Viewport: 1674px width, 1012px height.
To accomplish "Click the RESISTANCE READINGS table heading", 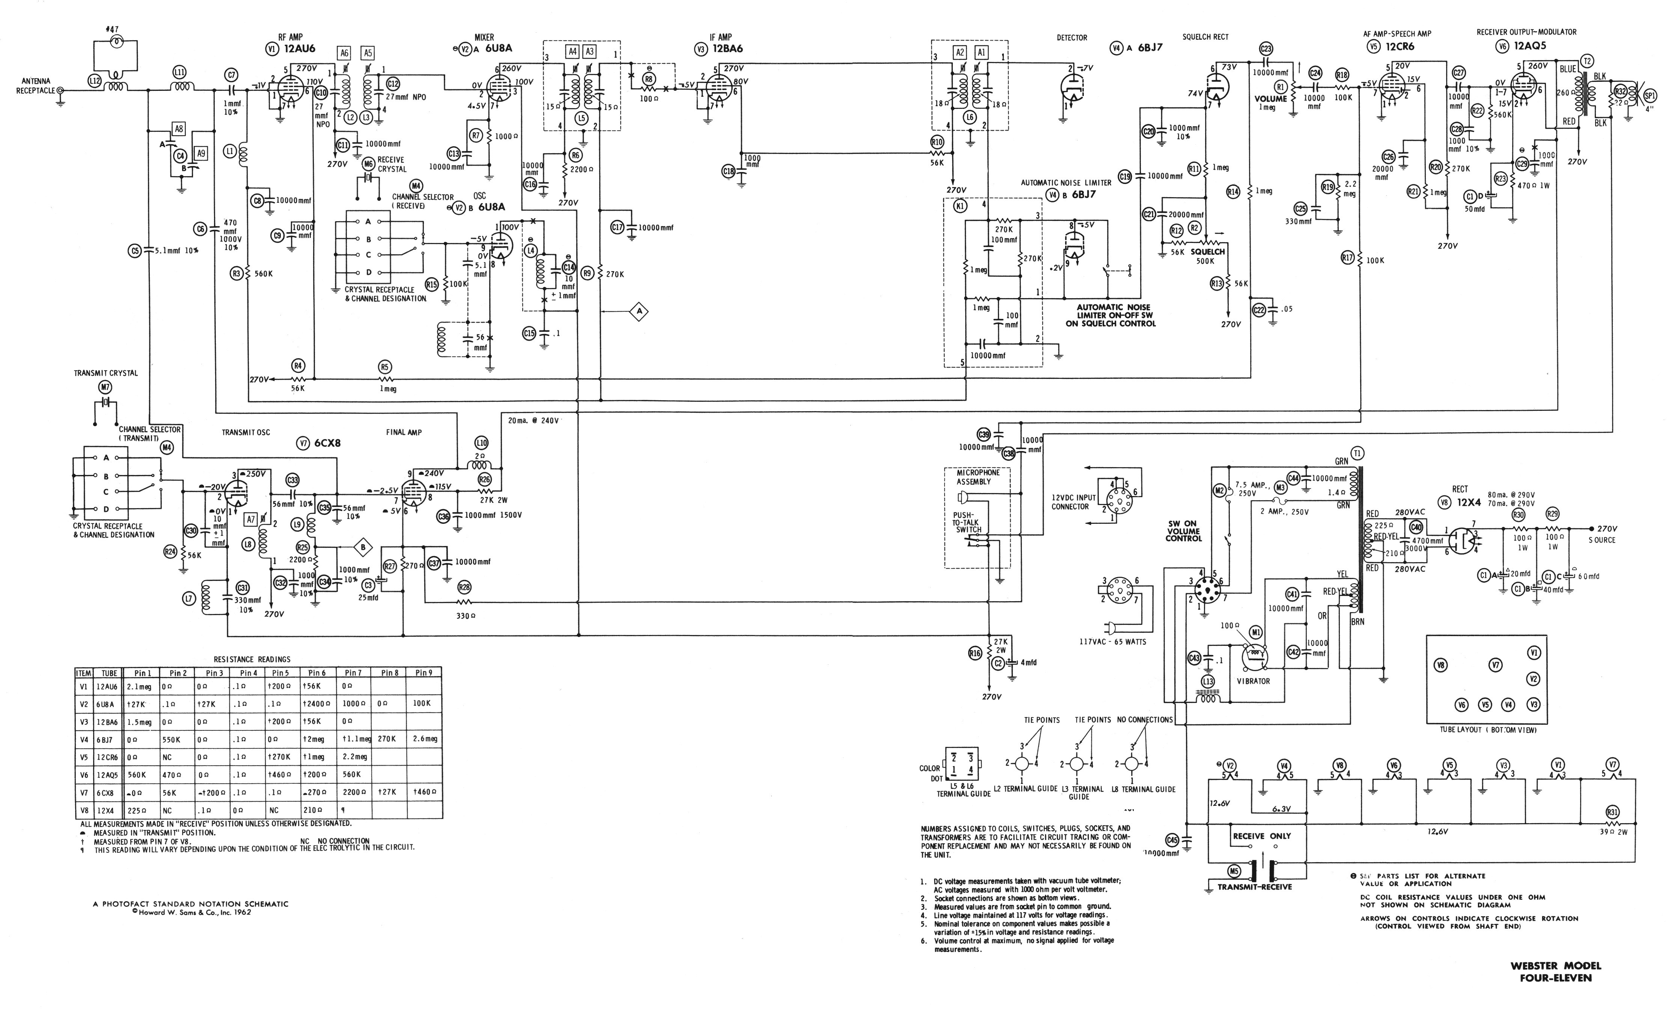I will (x=252, y=659).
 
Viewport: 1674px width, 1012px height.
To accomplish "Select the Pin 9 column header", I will (x=423, y=673).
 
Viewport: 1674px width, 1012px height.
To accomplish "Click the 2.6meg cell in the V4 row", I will (x=423, y=739).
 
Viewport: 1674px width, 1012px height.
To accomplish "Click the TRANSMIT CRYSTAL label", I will (x=106, y=373).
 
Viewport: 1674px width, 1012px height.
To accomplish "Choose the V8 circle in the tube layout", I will (x=1440, y=666).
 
